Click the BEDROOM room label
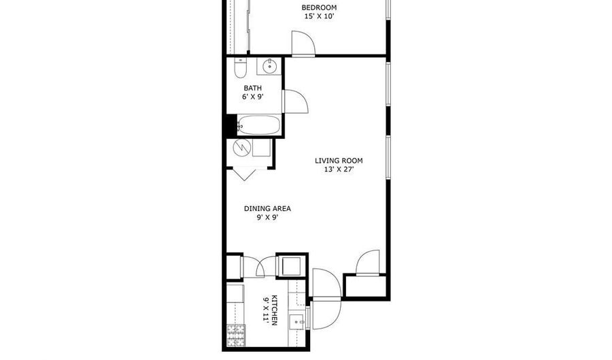(x=319, y=7)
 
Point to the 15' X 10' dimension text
(x=319, y=16)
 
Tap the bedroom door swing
(x=303, y=43)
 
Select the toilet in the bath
(x=239, y=67)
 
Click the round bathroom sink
(x=269, y=67)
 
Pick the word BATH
(x=252, y=88)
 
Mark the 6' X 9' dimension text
(x=252, y=97)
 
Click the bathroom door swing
(x=296, y=101)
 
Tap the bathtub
(x=259, y=125)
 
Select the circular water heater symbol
(x=241, y=148)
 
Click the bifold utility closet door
(x=245, y=174)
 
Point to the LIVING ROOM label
(x=339, y=161)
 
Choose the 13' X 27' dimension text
(x=339, y=169)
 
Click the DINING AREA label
(x=267, y=208)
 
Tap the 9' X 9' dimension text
(x=267, y=218)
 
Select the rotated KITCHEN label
(x=274, y=310)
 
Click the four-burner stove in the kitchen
(x=236, y=336)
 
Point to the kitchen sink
(x=297, y=322)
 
